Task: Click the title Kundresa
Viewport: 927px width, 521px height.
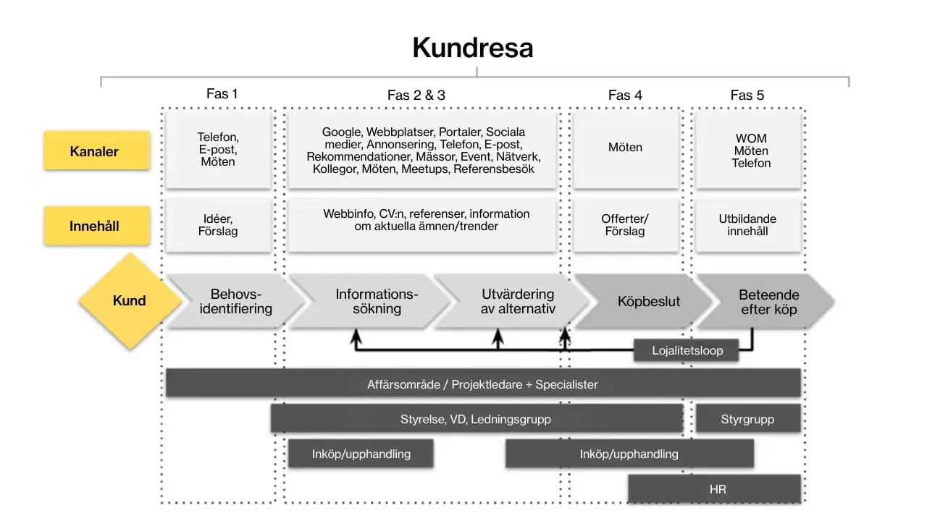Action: tap(473, 48)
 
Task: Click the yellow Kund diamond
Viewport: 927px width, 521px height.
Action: tap(129, 301)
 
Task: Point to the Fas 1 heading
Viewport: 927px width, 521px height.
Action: tap(222, 94)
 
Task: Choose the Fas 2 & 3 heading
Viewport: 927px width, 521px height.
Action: tap(416, 95)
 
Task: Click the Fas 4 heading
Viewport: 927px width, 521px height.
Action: tap(625, 95)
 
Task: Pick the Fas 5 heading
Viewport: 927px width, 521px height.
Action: tap(747, 95)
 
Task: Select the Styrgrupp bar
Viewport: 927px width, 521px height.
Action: tap(747, 419)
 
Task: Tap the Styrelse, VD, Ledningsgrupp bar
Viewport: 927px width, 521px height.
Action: tap(476, 419)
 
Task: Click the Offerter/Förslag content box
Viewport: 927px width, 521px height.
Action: tap(625, 225)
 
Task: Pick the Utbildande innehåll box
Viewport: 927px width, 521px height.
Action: tap(747, 225)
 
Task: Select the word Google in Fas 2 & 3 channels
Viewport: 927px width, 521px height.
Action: tap(342, 132)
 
